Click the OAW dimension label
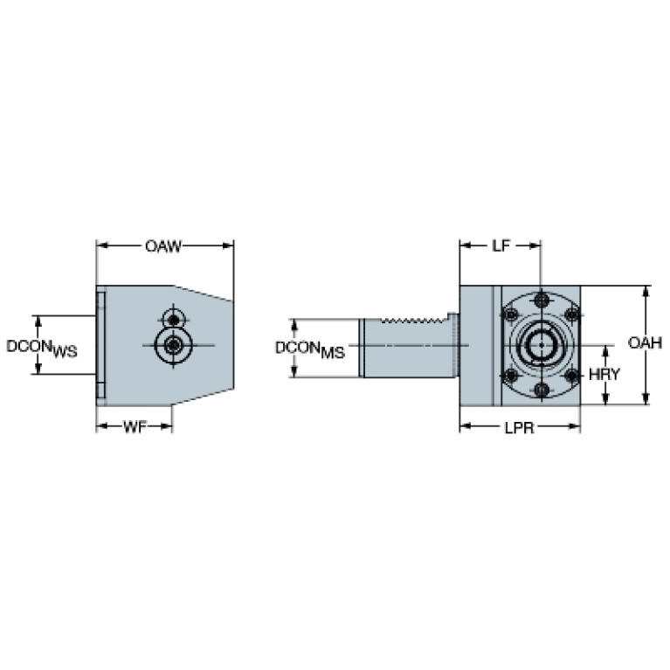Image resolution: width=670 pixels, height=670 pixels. tap(163, 246)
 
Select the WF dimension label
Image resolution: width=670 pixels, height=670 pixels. tap(134, 427)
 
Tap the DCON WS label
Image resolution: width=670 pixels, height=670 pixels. tap(42, 348)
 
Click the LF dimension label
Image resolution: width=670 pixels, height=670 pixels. tap(500, 246)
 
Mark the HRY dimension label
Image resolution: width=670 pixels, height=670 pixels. tap(604, 374)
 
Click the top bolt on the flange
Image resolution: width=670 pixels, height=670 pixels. tap(542, 300)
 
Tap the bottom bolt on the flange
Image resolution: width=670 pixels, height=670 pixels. tap(542, 390)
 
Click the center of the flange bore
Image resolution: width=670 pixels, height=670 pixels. tap(542, 345)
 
